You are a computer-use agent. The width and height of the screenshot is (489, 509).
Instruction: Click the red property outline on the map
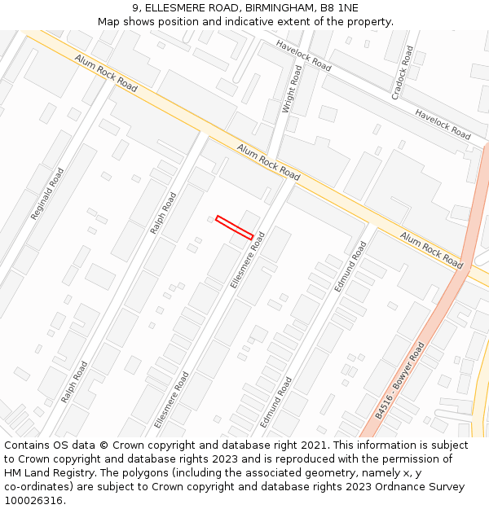(x=234, y=227)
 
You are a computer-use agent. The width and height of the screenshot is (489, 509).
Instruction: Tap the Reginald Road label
(x=47, y=194)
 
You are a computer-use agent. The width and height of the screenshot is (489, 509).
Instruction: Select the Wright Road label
(x=291, y=90)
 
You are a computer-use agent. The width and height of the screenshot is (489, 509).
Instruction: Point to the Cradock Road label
(x=403, y=73)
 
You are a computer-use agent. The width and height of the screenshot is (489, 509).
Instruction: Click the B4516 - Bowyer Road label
(x=400, y=381)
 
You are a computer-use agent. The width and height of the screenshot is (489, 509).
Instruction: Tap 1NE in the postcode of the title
(x=347, y=7)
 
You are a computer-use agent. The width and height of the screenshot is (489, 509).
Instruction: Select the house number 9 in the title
(x=135, y=7)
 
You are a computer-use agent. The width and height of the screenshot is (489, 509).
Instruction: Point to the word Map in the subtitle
(x=110, y=21)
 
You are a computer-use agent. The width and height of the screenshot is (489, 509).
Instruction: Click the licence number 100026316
(x=35, y=501)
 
